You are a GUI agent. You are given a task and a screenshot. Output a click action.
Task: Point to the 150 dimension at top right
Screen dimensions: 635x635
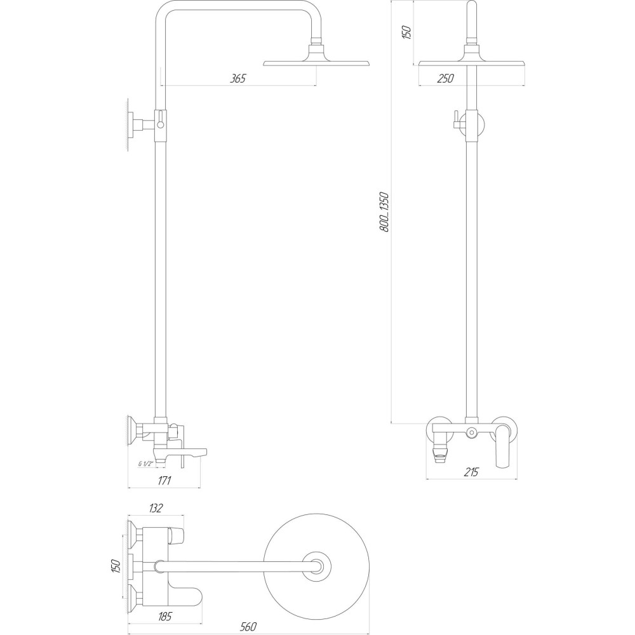tap(408, 32)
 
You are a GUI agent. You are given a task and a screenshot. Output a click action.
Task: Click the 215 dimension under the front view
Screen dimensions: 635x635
tap(470, 472)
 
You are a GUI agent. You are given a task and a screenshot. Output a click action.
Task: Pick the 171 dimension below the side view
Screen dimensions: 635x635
tap(164, 480)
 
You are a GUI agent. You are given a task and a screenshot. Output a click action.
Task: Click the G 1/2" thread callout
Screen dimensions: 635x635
tap(145, 464)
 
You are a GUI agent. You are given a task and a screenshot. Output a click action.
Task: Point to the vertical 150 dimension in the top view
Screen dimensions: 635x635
tap(116, 565)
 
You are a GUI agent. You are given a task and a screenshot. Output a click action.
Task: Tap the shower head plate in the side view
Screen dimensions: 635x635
tap(316, 63)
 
